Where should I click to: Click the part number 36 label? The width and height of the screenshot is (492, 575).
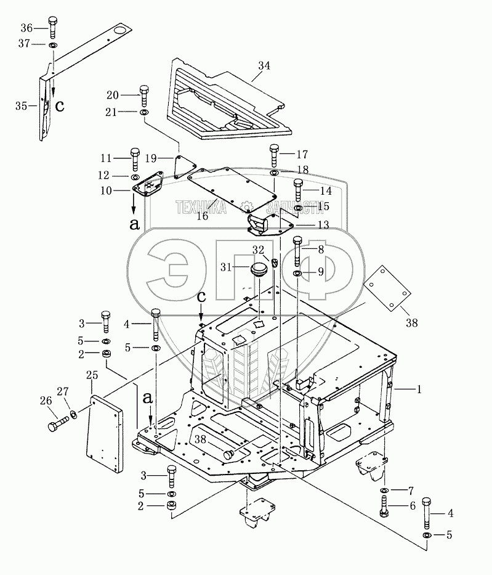coord(26,28)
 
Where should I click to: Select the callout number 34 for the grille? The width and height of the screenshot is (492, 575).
coord(264,65)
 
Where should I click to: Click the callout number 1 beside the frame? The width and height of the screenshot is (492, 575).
coord(419,389)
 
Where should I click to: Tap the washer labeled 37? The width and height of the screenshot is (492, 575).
coord(53,46)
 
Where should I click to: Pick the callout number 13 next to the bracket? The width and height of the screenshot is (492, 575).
coord(323,225)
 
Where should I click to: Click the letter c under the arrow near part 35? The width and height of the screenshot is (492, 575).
coord(60,105)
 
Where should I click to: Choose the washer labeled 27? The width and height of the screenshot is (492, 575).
coord(73,414)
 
